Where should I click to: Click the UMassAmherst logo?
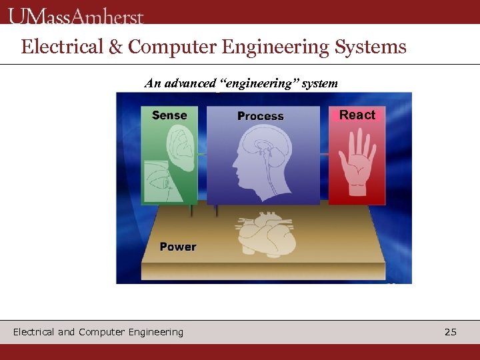(x=76, y=16)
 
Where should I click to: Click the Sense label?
(x=169, y=115)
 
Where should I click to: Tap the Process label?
(x=261, y=116)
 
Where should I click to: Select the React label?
(x=357, y=115)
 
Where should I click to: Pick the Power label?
(x=178, y=247)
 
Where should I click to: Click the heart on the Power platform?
(x=265, y=235)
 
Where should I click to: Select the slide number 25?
(x=451, y=331)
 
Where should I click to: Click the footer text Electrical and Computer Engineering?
(x=98, y=331)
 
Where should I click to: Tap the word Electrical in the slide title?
(x=61, y=47)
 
